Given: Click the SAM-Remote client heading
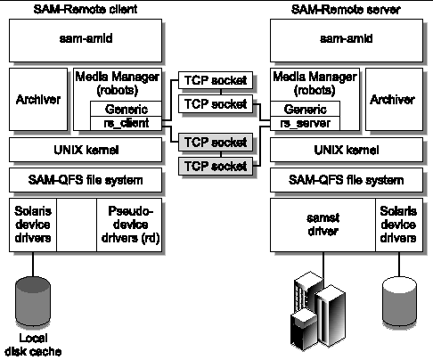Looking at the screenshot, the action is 86,9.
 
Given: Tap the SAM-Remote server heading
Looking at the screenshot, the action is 346,10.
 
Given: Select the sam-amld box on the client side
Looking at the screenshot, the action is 86,41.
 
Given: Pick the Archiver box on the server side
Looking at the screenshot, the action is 394,99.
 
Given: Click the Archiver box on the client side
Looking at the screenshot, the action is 38,99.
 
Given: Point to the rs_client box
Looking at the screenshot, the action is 126,123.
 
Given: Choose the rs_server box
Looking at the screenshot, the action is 305,123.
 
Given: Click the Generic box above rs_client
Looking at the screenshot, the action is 126,109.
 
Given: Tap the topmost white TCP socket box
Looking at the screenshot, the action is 216,80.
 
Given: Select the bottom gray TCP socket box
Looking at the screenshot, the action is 216,166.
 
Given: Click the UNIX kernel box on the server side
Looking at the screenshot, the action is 347,150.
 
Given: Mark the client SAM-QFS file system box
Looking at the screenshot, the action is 86,180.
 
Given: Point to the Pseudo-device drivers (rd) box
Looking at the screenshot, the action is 129,225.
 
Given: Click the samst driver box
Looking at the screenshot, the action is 323,225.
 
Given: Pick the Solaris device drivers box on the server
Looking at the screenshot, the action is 399,225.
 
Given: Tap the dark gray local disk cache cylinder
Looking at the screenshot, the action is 33,301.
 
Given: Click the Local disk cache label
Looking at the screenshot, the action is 33,345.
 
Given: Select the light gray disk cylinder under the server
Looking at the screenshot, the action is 399,301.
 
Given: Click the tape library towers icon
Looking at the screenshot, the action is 318,310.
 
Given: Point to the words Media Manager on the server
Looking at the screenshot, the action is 315,77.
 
